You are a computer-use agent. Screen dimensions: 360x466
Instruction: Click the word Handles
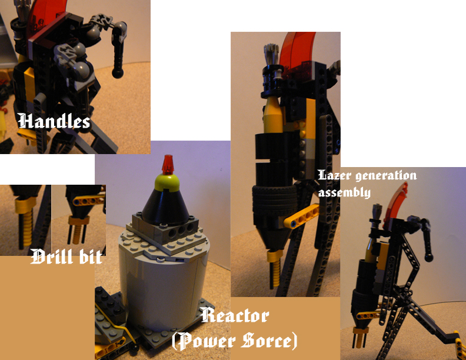tap(54, 122)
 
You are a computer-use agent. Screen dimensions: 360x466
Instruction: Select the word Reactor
tap(234, 316)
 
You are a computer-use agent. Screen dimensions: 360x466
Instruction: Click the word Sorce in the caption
tap(271, 341)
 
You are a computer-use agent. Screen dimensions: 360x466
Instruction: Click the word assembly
tap(344, 192)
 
